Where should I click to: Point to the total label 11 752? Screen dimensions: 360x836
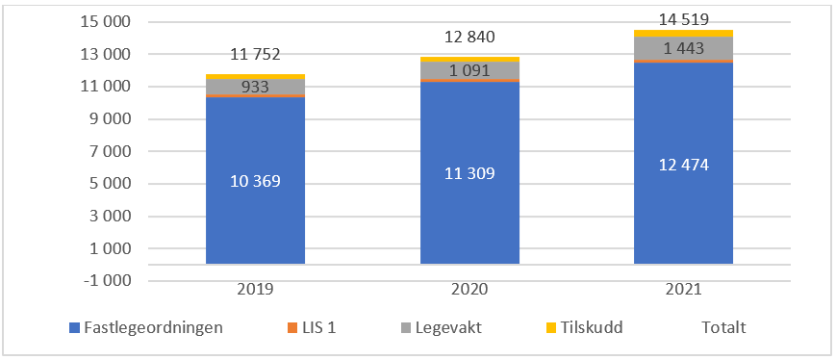click(255, 55)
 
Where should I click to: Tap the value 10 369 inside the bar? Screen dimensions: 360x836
click(255, 180)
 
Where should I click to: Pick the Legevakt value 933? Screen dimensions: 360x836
click(255, 88)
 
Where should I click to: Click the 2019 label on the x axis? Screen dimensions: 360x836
click(255, 289)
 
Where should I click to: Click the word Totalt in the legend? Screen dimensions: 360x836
click(722, 328)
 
